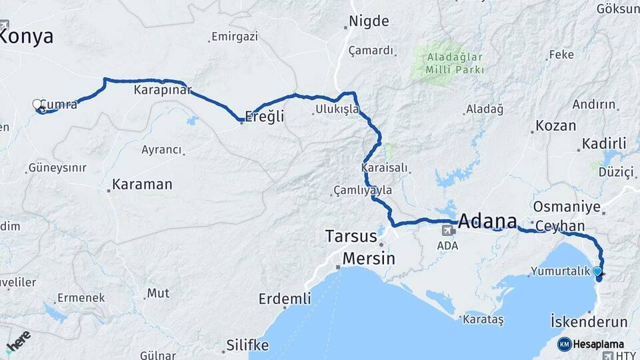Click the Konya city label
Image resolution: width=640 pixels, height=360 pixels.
click(x=25, y=37)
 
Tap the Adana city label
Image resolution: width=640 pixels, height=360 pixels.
click(x=487, y=221)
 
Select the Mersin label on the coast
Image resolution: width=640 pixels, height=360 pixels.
click(x=369, y=258)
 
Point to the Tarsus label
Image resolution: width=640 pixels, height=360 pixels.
click(x=351, y=236)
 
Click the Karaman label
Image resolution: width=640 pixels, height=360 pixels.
click(x=142, y=184)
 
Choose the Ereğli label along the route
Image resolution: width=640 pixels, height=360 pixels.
click(x=265, y=116)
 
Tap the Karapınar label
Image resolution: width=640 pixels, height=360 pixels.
click(x=163, y=89)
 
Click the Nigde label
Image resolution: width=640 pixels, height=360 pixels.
click(x=369, y=21)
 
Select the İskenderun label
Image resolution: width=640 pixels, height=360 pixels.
click(x=589, y=323)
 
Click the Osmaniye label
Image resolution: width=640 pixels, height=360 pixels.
click(x=567, y=207)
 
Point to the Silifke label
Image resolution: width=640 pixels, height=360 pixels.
click(x=247, y=345)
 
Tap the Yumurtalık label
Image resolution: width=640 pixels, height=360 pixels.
click(x=561, y=271)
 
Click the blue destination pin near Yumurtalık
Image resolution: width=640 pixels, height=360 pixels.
click(x=597, y=271)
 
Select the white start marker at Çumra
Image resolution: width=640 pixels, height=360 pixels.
click(x=37, y=104)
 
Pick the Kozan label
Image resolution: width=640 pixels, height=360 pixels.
click(x=556, y=126)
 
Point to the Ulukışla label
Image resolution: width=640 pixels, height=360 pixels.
click(x=337, y=109)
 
